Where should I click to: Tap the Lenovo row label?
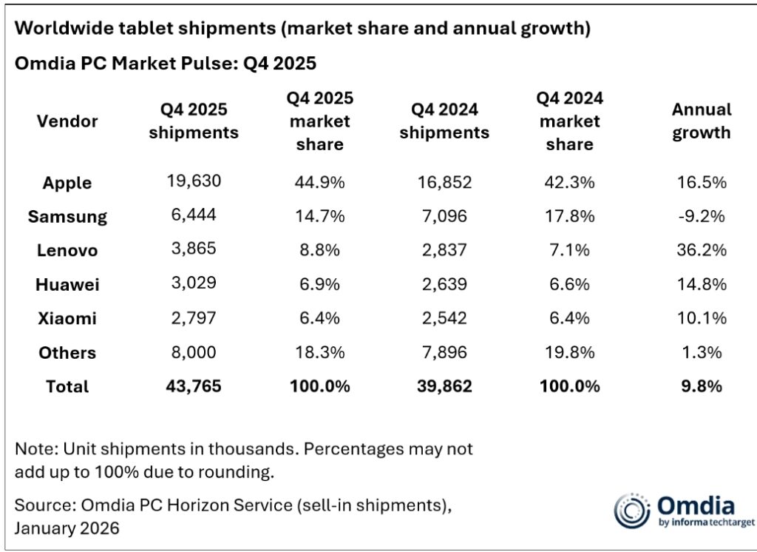pyautogui.click(x=67, y=251)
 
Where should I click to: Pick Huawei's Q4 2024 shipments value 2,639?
pyautogui.click(x=444, y=285)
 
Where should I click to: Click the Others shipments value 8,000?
pyautogui.click(x=194, y=352)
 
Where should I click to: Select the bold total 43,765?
pyautogui.click(x=194, y=386)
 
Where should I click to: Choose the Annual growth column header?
pyautogui.click(x=701, y=121)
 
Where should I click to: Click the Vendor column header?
pyautogui.click(x=67, y=121)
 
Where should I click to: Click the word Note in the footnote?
pyautogui.click(x=33, y=448)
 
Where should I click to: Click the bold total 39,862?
pyautogui.click(x=444, y=386)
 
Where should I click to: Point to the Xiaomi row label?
pyautogui.click(x=67, y=319)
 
